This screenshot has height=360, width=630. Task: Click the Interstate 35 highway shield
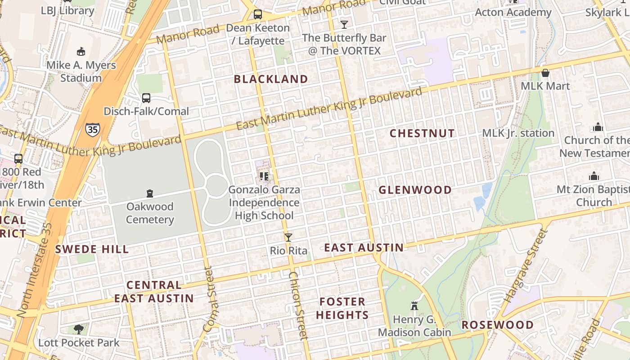pyautogui.click(x=92, y=130)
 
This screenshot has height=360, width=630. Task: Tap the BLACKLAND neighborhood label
pyautogui.click(x=271, y=79)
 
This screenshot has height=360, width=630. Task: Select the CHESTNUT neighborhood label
pyautogui.click(x=422, y=133)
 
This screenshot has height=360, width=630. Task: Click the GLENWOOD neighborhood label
pyautogui.click(x=415, y=190)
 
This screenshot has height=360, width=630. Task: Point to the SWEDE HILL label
pyautogui.click(x=92, y=249)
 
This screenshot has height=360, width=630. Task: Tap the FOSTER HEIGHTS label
pyautogui.click(x=342, y=308)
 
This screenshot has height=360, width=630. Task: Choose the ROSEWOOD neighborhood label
pyautogui.click(x=498, y=325)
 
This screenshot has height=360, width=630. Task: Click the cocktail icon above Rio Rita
pyautogui.click(x=288, y=238)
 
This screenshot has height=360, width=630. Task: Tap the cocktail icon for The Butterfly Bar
pyautogui.click(x=344, y=24)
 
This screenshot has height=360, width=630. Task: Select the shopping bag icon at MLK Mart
pyautogui.click(x=545, y=72)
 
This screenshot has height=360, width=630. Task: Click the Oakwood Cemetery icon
pyautogui.click(x=150, y=193)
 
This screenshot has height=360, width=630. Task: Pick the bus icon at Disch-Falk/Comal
pyautogui.click(x=146, y=98)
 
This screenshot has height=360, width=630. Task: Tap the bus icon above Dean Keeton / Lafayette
pyautogui.click(x=258, y=14)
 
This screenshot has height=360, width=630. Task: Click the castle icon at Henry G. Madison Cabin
pyautogui.click(x=414, y=306)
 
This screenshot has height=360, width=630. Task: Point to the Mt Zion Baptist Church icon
pyautogui.click(x=594, y=176)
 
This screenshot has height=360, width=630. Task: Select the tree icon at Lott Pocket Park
pyautogui.click(x=79, y=329)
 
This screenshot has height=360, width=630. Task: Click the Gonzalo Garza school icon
pyautogui.click(x=264, y=176)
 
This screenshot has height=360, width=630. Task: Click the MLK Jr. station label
pyautogui.click(x=518, y=133)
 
